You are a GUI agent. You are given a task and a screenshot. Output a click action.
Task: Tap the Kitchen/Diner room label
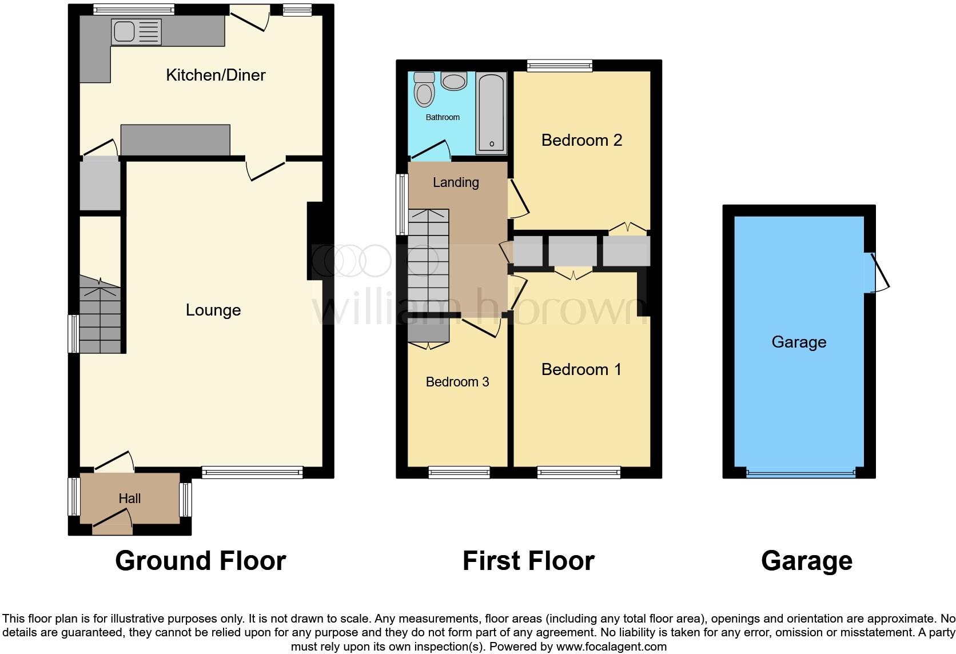pos(216,75)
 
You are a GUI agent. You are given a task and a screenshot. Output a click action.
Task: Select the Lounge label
pos(213,310)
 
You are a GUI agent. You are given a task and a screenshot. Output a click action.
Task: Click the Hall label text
pos(130,499)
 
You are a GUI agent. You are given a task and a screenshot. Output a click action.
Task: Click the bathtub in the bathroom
pos(492,113)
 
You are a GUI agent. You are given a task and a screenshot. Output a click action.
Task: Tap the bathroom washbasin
pos(454,81)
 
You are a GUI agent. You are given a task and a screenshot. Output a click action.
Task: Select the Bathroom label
pos(443,117)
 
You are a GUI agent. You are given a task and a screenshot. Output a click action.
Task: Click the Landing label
pos(456,182)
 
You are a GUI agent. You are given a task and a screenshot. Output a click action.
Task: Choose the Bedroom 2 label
pos(581,140)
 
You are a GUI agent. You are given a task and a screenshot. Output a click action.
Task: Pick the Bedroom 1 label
pos(581,369)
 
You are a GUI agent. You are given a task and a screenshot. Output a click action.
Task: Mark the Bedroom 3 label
pos(457,382)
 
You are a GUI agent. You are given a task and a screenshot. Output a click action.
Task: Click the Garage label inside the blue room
pos(799,342)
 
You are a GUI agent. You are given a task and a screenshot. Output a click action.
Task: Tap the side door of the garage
pos(878,272)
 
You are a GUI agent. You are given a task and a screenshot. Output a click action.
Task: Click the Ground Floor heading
pos(200,561)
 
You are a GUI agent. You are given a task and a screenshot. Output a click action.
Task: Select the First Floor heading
pos(528,561)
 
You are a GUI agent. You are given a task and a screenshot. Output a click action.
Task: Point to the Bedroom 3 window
pos(459,472)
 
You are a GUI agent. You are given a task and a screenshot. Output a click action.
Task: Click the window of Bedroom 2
pos(560,66)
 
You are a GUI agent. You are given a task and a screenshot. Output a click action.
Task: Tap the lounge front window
pos(252,472)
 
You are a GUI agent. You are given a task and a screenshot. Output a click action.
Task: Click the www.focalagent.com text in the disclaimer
pos(611,647)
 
